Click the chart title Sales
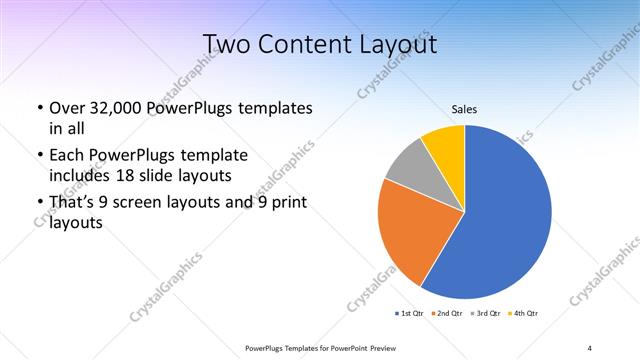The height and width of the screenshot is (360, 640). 464,108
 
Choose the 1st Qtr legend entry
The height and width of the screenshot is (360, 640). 410,314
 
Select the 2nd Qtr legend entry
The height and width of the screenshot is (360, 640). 447,314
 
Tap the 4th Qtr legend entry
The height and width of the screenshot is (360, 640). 525,314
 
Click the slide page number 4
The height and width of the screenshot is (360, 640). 590,348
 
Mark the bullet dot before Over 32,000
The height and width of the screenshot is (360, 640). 39,108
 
